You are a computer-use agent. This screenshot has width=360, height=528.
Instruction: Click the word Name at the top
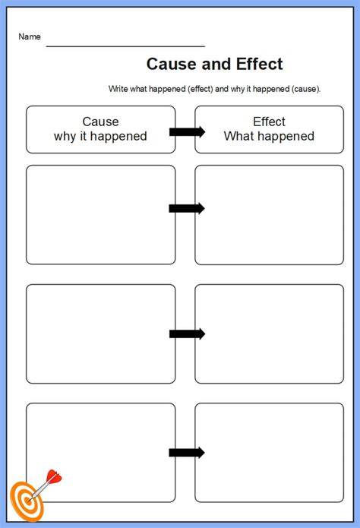30,36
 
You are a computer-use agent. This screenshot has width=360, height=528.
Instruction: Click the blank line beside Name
125,46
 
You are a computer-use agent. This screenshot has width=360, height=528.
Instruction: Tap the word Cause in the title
172,64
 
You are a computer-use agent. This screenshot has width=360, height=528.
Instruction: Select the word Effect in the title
259,64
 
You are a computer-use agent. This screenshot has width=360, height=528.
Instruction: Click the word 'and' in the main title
216,64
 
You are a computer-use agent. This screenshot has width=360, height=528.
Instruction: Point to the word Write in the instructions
118,89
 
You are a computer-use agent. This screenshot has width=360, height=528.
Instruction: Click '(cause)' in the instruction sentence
306,89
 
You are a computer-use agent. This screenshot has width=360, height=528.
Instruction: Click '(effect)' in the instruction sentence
201,89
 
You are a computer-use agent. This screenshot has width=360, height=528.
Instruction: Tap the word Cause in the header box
101,122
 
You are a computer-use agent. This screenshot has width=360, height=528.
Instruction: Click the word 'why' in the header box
65,137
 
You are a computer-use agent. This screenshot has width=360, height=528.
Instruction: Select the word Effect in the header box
269,122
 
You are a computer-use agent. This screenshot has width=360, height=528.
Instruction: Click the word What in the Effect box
238,136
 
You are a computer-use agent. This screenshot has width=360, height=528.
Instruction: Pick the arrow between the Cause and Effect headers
187,131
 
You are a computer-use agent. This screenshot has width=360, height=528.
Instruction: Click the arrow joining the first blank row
187,208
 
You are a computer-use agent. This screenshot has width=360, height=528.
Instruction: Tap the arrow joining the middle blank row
187,334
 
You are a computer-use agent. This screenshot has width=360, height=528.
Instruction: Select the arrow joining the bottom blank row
187,453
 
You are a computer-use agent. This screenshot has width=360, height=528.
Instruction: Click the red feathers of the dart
54,476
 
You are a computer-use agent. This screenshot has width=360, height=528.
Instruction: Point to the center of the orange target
28,501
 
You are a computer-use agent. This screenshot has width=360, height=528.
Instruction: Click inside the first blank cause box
101,215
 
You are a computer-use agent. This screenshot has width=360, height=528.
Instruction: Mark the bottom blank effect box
269,453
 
